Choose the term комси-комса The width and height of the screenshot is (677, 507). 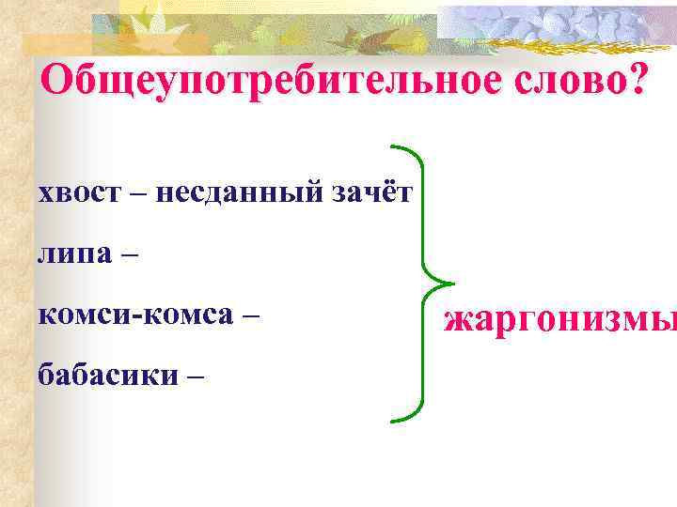pos(134,315)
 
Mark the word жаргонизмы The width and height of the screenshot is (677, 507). pos(560,321)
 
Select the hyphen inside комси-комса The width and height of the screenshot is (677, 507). pos(137,316)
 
